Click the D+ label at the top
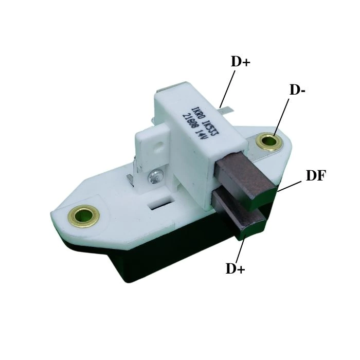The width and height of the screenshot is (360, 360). point(240,61)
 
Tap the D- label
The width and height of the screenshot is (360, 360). point(297,89)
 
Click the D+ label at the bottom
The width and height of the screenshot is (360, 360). point(236,268)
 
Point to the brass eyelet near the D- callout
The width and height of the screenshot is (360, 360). point(269,141)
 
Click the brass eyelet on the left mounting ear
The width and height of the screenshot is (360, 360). point(84,216)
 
